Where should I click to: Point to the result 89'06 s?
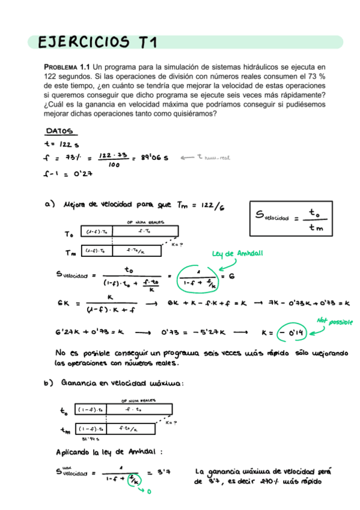[154, 158]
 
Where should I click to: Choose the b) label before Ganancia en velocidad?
[49, 383]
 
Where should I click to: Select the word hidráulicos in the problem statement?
[243, 67]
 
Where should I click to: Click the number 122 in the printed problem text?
[51, 77]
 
